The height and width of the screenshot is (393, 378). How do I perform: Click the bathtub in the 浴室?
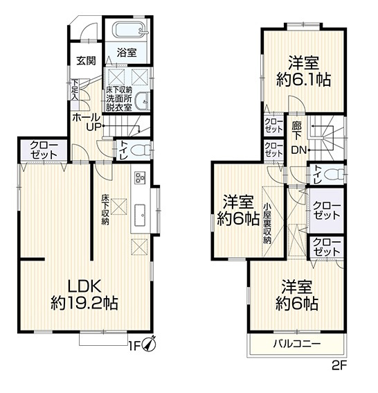(129, 30)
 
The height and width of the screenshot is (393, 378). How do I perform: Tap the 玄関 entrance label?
(86, 61)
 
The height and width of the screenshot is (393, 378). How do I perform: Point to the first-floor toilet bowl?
(140, 150)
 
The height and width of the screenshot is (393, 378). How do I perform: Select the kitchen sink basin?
(140, 215)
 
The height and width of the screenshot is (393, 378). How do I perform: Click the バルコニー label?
(296, 343)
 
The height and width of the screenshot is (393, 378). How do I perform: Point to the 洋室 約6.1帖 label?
(304, 71)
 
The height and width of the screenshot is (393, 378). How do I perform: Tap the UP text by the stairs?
(93, 127)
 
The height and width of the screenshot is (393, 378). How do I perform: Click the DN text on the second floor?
(299, 150)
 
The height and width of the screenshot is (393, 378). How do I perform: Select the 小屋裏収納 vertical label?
(267, 223)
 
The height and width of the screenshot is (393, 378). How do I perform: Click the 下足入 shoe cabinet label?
(75, 90)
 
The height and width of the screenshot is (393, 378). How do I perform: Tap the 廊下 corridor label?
(296, 131)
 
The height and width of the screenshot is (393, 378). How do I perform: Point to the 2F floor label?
(339, 366)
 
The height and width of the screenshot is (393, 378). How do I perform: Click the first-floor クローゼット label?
(44, 150)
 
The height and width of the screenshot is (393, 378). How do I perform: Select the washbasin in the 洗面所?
(142, 101)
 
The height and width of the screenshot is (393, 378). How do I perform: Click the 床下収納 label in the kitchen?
(105, 209)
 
